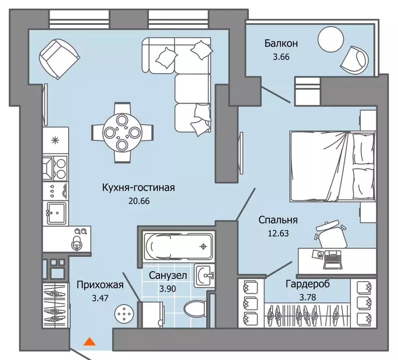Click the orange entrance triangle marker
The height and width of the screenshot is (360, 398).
point(90,342)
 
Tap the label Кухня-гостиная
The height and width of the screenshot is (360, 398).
point(139,188)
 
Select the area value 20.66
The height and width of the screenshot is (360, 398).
point(139,201)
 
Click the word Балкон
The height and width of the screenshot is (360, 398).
point(281,44)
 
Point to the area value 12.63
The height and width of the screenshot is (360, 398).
point(279,233)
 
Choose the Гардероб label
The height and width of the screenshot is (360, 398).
point(308,284)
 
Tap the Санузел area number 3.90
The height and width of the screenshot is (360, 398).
point(168,289)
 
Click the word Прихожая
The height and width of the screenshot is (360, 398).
point(100,285)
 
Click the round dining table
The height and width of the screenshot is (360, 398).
point(122,132)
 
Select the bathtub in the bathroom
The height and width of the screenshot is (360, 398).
point(178,246)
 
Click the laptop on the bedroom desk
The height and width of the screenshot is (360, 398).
point(333,260)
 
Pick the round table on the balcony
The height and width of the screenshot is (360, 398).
point(330,40)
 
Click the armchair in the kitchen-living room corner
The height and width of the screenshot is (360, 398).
point(59,59)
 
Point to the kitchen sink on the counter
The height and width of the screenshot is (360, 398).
point(56,213)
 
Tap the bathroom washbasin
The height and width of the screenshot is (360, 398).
point(204,276)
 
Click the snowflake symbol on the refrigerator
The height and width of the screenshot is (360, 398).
point(55,140)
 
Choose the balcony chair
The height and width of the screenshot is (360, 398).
point(354,60)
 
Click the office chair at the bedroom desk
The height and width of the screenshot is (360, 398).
point(331,234)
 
